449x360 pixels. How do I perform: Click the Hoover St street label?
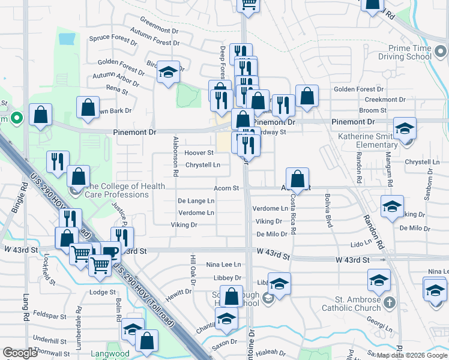coord(199,153)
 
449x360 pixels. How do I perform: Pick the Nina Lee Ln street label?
coord(223,264)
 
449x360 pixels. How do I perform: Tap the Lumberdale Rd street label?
coord(79,315)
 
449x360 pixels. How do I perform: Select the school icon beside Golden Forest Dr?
coord(169,73)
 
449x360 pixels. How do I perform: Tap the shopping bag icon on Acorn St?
coord(298,178)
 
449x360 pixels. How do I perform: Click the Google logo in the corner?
coord(20,353)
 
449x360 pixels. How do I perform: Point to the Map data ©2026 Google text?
coord(411,355)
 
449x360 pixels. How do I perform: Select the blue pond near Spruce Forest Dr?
coord(67,39)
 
